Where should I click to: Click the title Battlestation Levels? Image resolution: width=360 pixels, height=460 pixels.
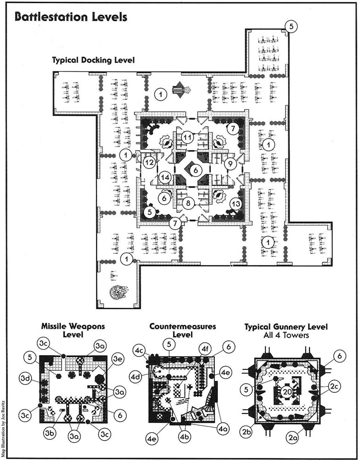pos(71,17)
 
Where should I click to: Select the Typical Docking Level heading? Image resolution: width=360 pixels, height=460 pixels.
pos(93,60)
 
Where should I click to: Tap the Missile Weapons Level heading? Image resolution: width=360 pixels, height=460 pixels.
pos(73,330)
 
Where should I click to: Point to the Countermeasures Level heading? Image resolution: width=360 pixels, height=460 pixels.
pos(183,330)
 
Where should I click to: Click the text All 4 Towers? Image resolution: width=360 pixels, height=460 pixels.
pos(286,335)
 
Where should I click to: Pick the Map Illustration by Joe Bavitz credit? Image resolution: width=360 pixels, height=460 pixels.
pos(4,428)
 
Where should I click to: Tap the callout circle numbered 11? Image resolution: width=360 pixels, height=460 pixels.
pos(188,137)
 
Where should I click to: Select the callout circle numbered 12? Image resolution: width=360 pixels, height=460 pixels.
pos(149,162)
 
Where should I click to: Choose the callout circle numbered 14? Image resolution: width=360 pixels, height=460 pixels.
pos(165,178)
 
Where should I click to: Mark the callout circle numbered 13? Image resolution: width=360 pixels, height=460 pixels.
pos(236,204)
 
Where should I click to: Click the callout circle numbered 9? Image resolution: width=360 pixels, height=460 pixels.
pos(230,164)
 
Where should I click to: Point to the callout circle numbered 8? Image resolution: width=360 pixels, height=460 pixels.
pos(189,203)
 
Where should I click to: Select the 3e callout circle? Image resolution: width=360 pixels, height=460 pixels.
pos(118,360)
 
